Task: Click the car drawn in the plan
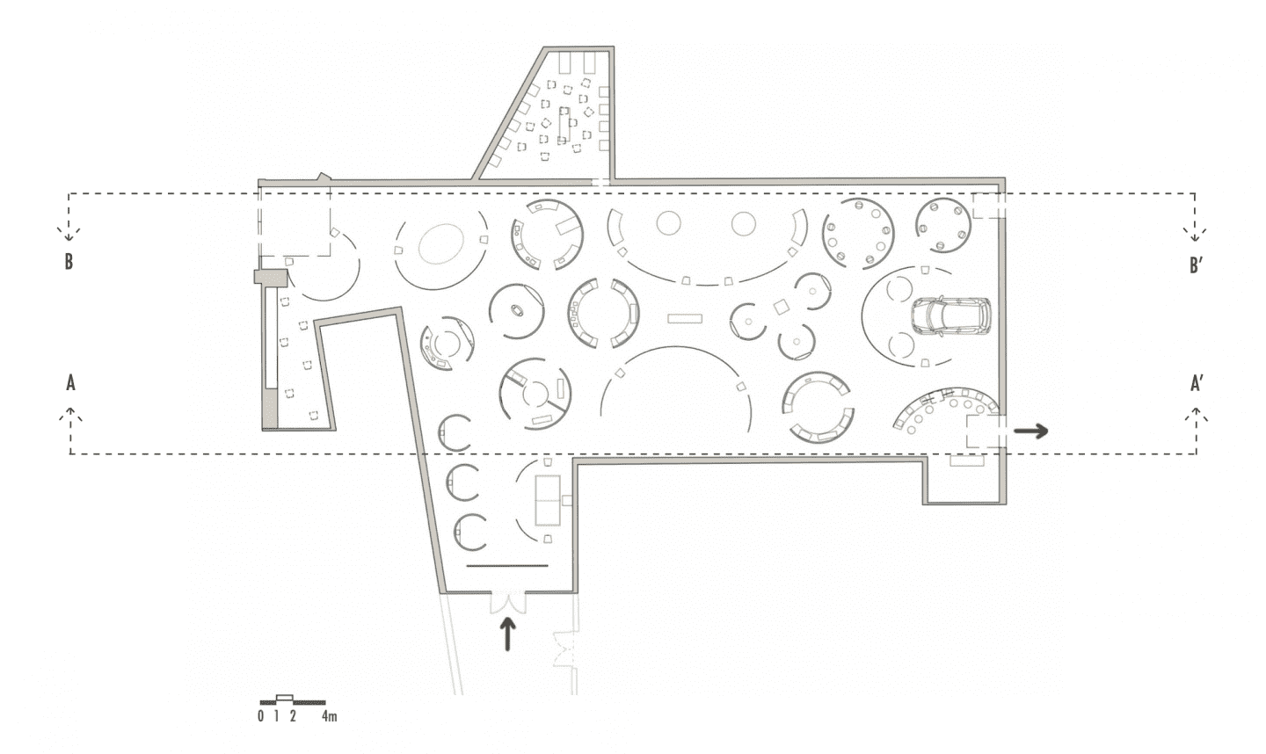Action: coord(950,316)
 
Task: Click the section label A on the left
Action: coord(70,383)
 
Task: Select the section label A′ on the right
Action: coord(1197,383)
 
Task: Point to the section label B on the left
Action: coord(69,262)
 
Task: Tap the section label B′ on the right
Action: coord(1196,265)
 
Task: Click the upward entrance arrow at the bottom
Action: coord(507,634)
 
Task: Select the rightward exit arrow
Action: coord(1031,431)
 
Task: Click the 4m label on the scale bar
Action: coord(330,716)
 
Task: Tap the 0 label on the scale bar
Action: coord(260,716)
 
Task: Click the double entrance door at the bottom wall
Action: coord(507,602)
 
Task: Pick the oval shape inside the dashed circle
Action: coord(441,243)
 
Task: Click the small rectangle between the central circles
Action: coord(684,318)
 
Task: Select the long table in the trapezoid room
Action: coord(564,123)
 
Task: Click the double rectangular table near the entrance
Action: coord(548,500)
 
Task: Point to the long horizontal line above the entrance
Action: coord(507,565)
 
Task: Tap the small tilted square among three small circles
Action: coord(782,307)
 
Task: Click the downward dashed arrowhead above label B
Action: coord(69,233)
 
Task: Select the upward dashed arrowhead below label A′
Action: coord(1196,414)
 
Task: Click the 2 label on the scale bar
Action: coord(293,716)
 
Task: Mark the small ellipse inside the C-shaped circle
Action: coord(517,310)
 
